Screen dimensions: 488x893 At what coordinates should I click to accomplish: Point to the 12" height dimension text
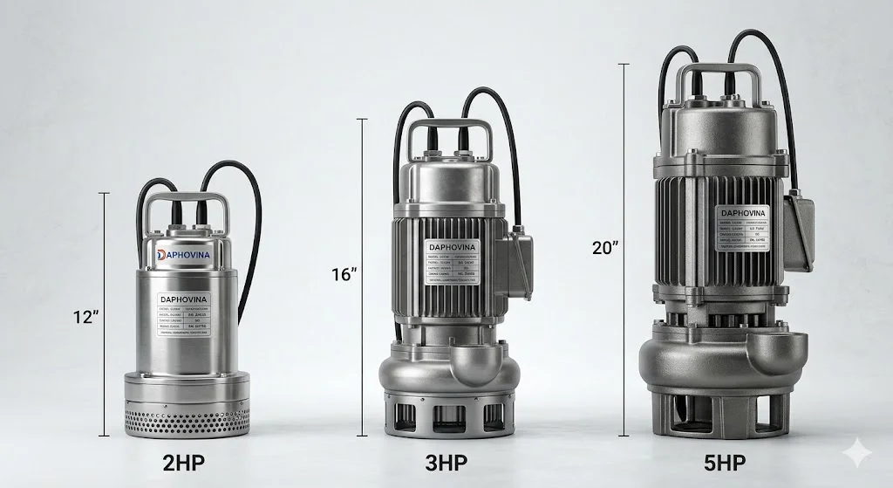85,317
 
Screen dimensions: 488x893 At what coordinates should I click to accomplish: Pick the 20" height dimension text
605,247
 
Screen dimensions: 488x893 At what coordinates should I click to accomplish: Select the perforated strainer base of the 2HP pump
186,421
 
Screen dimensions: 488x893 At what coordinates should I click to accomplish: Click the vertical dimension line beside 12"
106,314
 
